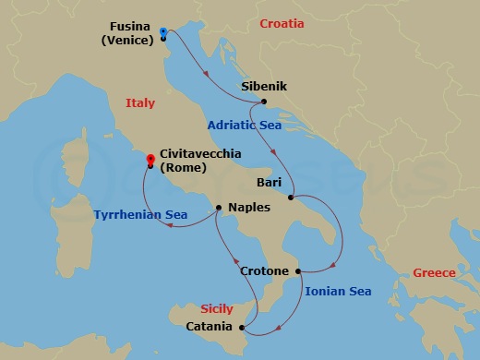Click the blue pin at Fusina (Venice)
[162, 32]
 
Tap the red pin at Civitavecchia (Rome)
[150, 160]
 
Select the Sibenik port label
[264, 87]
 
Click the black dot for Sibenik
[264, 102]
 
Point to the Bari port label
[270, 183]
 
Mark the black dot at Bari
[291, 197]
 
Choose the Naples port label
[248, 209]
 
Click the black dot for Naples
[219, 207]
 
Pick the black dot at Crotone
[298, 271]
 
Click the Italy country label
[140, 103]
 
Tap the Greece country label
[434, 273]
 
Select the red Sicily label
[217, 309]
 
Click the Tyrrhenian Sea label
[141, 216]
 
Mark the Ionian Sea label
[338, 292]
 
